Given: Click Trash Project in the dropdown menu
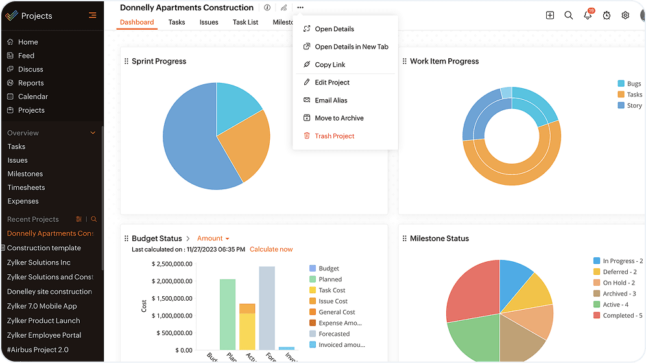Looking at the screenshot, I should pyautogui.click(x=334, y=136).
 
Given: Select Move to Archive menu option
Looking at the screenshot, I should pyautogui.click(x=339, y=118).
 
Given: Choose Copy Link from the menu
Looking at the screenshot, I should pyautogui.click(x=329, y=65).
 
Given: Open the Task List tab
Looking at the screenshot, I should pyautogui.click(x=245, y=22).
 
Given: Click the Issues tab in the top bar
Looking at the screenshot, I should pyautogui.click(x=209, y=22).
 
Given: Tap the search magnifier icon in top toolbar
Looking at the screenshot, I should pyautogui.click(x=568, y=16).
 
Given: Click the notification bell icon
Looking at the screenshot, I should pyautogui.click(x=588, y=16).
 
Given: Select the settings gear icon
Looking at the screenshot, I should pyautogui.click(x=625, y=16).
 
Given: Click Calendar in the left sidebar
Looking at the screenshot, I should pyautogui.click(x=32, y=97).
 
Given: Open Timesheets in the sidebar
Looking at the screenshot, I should pyautogui.click(x=26, y=187).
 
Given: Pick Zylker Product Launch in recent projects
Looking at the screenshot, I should pyautogui.click(x=43, y=321).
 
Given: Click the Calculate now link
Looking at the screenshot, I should pyautogui.click(x=271, y=250).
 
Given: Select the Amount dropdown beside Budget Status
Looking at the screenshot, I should pyautogui.click(x=213, y=239).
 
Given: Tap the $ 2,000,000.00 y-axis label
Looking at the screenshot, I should pyautogui.click(x=172, y=281).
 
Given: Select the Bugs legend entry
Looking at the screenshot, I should pyautogui.click(x=634, y=84).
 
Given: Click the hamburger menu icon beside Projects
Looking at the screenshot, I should pyautogui.click(x=93, y=16).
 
